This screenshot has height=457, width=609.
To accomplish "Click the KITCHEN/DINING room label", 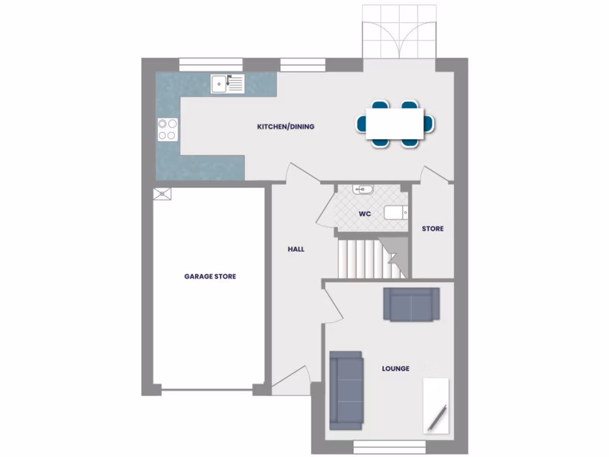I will pos(285,127).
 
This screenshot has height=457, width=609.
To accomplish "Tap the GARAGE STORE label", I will pos(210,277).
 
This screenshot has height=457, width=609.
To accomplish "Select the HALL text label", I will pos(296,249).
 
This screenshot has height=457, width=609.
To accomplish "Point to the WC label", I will pos(365,214).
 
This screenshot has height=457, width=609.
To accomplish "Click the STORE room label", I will pos(432,229).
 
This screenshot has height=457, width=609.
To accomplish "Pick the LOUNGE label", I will pos(395,369).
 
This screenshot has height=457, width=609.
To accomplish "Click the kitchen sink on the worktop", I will pos(227,84).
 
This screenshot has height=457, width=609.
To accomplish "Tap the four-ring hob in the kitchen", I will pos(168,130).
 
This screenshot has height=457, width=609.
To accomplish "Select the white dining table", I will pos(395,123).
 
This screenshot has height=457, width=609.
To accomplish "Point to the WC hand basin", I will pos(363,190).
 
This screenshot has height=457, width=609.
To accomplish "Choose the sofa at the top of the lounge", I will pos(412,304).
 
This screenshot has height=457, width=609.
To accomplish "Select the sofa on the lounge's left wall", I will pos(346,390).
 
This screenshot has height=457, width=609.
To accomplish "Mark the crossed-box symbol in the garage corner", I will pos(162,193).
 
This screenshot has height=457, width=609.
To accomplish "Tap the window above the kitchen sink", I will pos(211,64).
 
